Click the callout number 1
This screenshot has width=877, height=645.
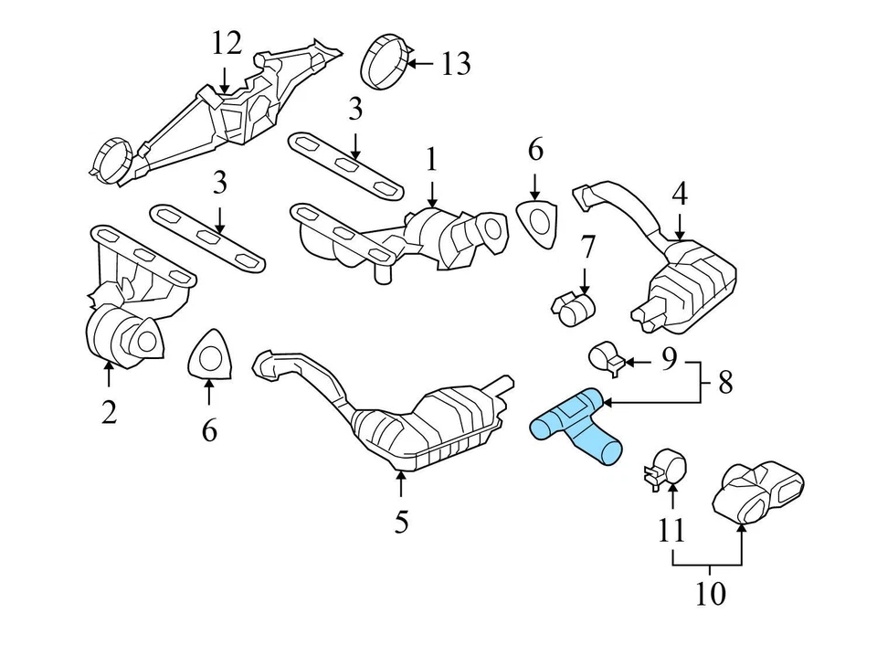[430, 161]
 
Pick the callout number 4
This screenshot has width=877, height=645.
[679, 195]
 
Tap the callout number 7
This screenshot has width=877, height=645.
[586, 247]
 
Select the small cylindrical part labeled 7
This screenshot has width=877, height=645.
[573, 308]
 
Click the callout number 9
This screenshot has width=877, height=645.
[669, 361]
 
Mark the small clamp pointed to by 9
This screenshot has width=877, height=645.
[606, 357]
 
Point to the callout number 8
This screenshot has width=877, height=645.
[725, 382]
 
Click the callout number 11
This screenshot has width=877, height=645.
[671, 531]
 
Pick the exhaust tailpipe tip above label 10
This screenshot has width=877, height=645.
[761, 492]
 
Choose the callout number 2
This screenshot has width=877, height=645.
[110, 413]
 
